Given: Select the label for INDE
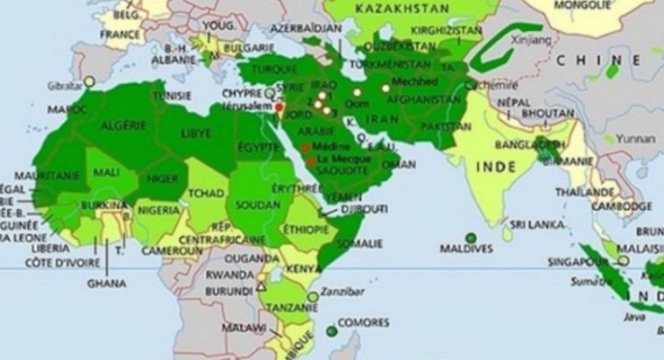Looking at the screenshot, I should pyautogui.click(x=495, y=166).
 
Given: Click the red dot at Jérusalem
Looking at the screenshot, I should pyautogui.click(x=279, y=108).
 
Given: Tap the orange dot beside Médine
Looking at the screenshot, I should pyautogui.click(x=306, y=148).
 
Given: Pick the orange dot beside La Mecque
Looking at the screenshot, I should pyautogui.click(x=312, y=161).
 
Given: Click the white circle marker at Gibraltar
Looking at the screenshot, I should pyautogui.click(x=89, y=81).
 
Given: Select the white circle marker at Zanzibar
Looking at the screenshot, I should pyautogui.click(x=313, y=297).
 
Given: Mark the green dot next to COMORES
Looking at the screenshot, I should pyautogui.click(x=330, y=330).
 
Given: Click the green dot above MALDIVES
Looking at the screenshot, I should pyautogui.click(x=470, y=237).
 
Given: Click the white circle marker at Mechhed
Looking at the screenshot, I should pyautogui.click(x=385, y=88).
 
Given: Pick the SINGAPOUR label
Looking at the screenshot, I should pyautogui.click(x=576, y=261).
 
